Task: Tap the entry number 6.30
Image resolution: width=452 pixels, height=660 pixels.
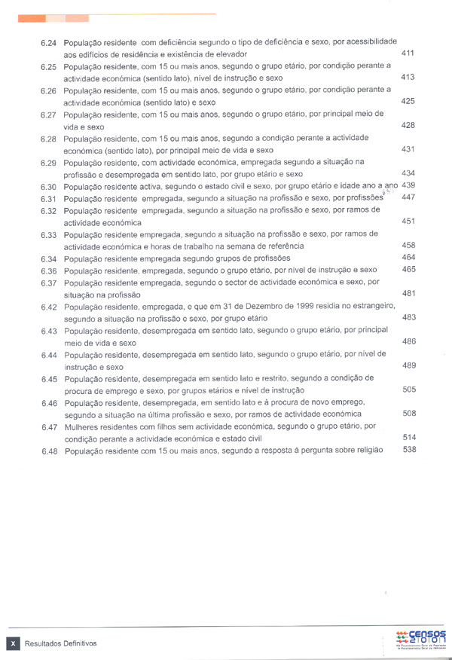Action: coord(49,186)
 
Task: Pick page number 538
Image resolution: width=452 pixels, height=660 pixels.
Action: coord(409,449)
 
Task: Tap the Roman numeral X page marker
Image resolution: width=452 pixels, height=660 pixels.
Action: coord(13,643)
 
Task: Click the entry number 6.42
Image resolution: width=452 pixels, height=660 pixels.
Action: coord(49,307)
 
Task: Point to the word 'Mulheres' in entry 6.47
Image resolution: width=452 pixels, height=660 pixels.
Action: coord(83,426)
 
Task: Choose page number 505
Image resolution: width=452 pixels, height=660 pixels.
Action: coord(409,390)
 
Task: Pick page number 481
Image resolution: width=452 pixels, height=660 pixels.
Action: coord(409,293)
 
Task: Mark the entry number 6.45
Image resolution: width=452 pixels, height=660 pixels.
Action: coord(49,378)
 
